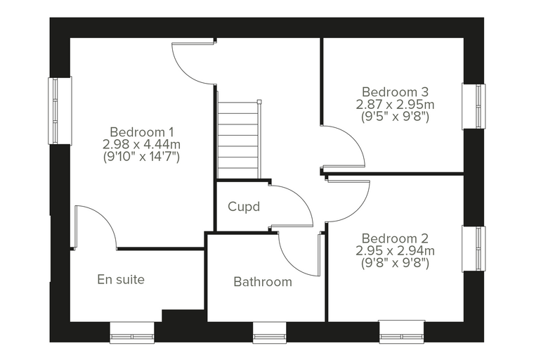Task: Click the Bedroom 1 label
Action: (142, 132)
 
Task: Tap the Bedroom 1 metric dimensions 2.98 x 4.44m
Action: (142, 145)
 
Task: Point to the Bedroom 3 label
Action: (395, 92)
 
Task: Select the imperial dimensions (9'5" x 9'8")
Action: (395, 117)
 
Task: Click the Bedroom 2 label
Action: (395, 238)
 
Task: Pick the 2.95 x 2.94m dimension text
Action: (395, 251)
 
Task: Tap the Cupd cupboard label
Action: (244, 207)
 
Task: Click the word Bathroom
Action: (263, 282)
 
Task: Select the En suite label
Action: (121, 280)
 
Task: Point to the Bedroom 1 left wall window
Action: (60, 110)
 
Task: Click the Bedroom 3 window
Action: (474, 106)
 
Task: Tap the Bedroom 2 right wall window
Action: (474, 248)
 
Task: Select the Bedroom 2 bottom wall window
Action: (402, 331)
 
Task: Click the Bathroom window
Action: (269, 332)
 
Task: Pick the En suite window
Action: (132, 332)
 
